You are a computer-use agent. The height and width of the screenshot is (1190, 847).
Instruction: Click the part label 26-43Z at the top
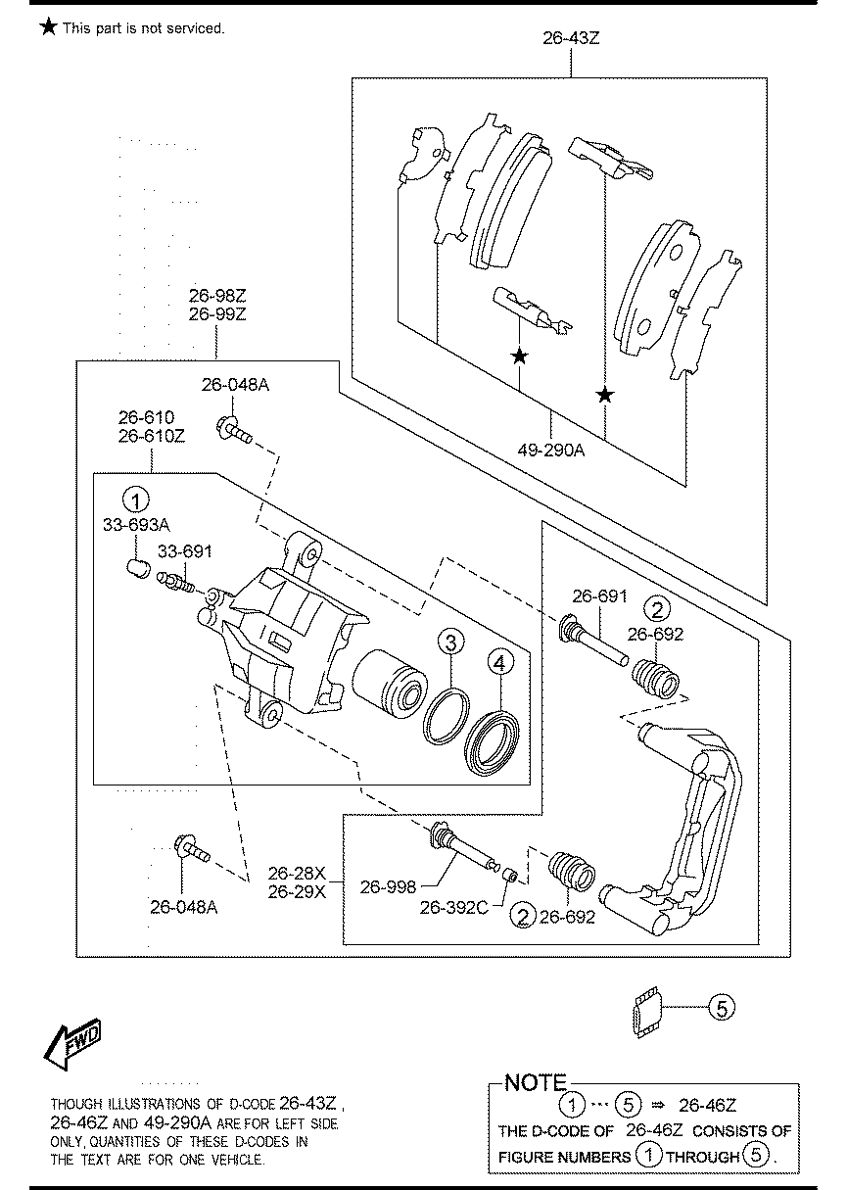pos(571,39)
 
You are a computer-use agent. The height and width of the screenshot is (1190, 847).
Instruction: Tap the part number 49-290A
pos(550,451)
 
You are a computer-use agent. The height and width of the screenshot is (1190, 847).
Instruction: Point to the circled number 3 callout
pos(449,643)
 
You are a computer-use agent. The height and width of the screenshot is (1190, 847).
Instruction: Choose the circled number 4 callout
pos(498,664)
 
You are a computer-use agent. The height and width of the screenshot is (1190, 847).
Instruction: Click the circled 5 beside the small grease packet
pos(720,1008)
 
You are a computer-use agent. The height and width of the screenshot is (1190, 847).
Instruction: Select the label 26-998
pos(388,887)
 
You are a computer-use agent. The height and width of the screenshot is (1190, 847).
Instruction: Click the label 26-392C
pos(453,908)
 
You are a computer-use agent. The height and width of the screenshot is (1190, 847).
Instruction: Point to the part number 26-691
pos(598,595)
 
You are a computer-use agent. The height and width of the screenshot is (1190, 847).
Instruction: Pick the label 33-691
pos(185,552)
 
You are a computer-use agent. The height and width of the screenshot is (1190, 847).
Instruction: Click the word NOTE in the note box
pos(535,1083)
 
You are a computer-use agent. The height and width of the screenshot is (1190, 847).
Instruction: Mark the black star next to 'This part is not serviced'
pos(48,27)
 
